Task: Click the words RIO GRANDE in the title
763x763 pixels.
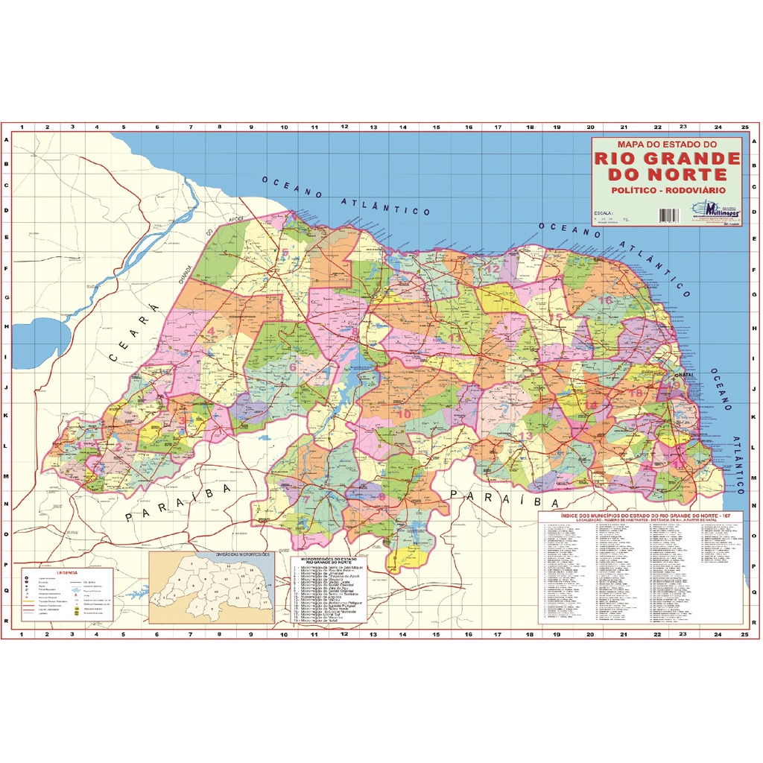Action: tap(667, 158)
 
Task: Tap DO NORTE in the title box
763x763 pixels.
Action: tap(667, 174)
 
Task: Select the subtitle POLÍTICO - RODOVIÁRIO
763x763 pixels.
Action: tap(667, 191)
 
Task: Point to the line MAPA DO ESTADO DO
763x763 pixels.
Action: tap(667, 144)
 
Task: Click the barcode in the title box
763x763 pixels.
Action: tap(669, 215)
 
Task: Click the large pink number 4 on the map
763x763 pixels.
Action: tap(211, 332)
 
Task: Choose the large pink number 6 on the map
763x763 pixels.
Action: tap(293, 366)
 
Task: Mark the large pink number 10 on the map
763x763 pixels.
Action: tap(405, 414)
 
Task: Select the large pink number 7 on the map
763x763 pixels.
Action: tap(305, 499)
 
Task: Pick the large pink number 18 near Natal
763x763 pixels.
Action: tap(635, 393)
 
